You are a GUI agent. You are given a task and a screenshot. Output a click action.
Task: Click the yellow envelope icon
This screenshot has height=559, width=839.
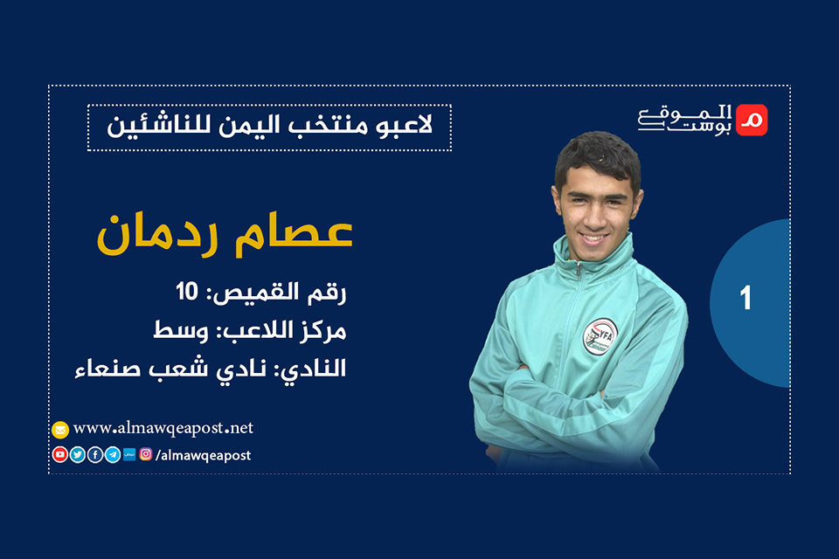[x=59, y=429]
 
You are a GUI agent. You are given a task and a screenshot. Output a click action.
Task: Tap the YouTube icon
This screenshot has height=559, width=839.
[x=59, y=454]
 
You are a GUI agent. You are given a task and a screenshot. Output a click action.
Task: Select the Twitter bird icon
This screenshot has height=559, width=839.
[x=77, y=454]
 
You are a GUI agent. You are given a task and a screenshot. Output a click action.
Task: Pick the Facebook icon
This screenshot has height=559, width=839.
[x=94, y=454]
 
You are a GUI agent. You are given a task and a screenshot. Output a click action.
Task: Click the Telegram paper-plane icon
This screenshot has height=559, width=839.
[x=113, y=454]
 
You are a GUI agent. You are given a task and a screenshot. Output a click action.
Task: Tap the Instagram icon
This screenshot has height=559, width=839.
[x=146, y=454]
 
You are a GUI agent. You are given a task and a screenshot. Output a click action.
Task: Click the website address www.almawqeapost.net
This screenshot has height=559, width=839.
[x=163, y=428]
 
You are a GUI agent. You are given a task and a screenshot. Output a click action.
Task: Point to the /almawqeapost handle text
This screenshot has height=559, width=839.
[x=203, y=455]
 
